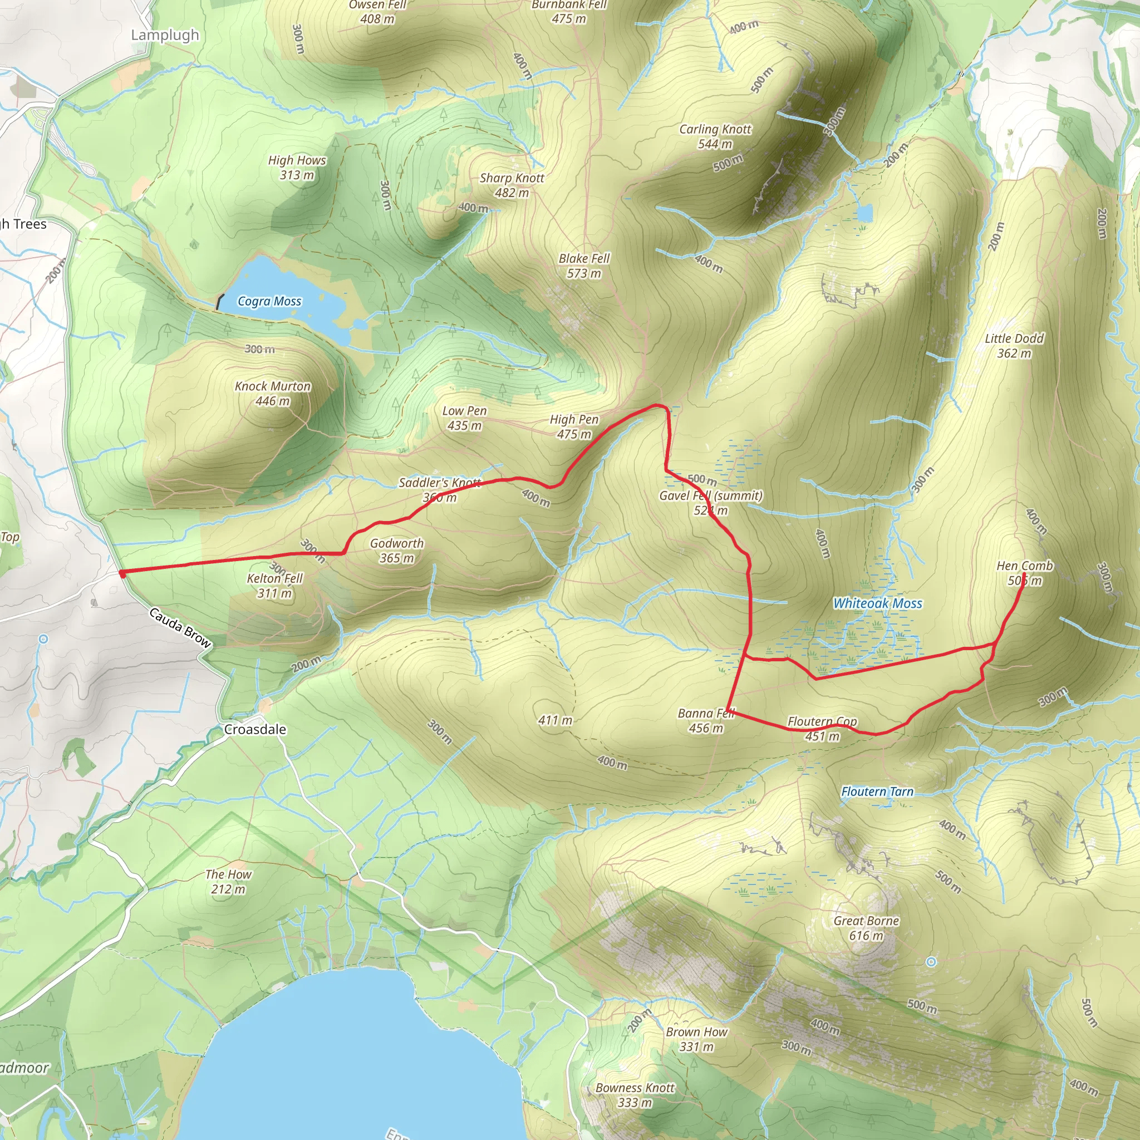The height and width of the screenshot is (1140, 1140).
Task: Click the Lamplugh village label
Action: [165, 35]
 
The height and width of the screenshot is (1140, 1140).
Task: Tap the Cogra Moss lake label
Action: [269, 302]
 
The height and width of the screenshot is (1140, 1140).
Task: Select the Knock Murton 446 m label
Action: [273, 394]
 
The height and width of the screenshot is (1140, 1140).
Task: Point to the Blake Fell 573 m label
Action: [583, 266]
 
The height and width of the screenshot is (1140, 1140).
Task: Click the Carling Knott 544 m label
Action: [715, 136]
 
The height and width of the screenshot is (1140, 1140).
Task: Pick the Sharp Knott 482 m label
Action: [512, 185]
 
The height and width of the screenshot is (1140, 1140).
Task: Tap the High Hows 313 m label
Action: [297, 168]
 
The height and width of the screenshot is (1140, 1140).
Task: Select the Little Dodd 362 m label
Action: [1014, 346]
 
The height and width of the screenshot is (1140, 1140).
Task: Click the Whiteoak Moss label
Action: [877, 603]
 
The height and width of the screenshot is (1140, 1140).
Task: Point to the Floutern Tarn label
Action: [877, 792]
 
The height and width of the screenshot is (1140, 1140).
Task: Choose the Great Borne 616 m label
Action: [866, 928]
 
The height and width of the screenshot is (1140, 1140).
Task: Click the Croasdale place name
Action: [255, 729]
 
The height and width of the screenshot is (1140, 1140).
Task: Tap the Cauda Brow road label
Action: [180, 628]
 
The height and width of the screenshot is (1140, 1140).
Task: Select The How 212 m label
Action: [228, 882]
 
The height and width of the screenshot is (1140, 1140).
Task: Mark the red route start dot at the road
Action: [122, 573]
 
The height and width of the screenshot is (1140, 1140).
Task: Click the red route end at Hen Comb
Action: [1024, 574]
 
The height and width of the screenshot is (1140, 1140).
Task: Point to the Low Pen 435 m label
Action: [464, 419]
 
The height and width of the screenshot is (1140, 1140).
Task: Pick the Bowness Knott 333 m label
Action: [635, 1095]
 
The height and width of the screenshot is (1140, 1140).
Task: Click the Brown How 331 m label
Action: [696, 1039]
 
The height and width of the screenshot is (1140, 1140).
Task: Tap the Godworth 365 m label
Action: [396, 551]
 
